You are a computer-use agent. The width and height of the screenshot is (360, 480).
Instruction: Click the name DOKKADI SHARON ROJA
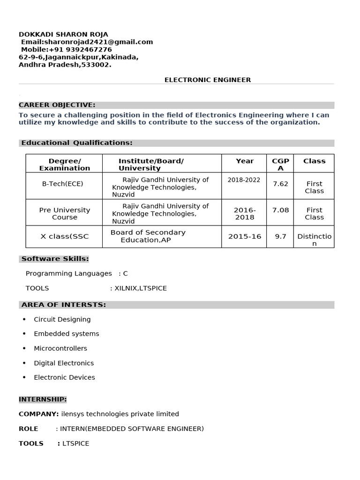click(63, 34)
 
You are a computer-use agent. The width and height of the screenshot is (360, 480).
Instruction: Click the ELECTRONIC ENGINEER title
click(208, 80)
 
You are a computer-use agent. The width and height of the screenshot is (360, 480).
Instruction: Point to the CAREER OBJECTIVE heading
click(57, 105)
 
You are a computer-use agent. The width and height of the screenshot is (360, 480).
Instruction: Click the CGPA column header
click(280, 164)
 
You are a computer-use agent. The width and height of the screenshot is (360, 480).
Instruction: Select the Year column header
click(245, 161)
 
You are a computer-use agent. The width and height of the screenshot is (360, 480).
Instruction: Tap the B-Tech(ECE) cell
click(63, 184)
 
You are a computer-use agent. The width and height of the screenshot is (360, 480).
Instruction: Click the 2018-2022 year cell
click(244, 180)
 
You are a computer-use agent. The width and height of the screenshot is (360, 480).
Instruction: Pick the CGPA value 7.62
click(280, 184)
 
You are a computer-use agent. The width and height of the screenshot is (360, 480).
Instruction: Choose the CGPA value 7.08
click(280, 210)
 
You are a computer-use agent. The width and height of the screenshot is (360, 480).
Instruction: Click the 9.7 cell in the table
click(280, 236)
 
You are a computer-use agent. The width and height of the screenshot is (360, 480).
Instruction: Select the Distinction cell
click(315, 240)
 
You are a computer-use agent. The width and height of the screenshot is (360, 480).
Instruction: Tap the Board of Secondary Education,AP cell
click(148, 236)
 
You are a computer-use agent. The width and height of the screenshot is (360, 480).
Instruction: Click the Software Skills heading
click(55, 258)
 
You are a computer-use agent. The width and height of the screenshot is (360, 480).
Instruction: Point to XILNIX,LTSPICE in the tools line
click(141, 288)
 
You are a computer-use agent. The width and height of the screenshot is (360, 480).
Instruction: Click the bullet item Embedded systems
click(67, 334)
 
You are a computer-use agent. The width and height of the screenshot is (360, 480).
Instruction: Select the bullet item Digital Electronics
click(64, 363)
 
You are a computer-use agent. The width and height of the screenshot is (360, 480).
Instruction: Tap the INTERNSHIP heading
click(43, 399)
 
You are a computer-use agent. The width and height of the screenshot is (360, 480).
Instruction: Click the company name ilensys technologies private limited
click(120, 414)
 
